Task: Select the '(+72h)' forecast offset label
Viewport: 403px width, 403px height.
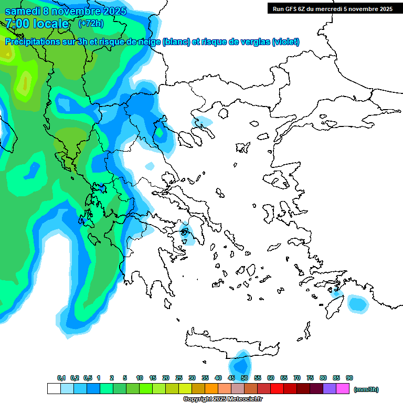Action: [x=91, y=24]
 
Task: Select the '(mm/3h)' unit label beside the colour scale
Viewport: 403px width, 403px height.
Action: [x=366, y=389]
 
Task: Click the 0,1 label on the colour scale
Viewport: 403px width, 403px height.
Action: [x=61, y=378]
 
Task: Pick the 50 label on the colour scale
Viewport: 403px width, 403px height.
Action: [x=245, y=378]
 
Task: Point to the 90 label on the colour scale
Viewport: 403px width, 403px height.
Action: [x=349, y=378]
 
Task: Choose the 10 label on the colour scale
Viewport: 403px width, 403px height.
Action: [x=140, y=378]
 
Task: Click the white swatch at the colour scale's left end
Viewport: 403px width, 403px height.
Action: [x=54, y=389]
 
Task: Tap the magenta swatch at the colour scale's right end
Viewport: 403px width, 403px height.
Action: [x=343, y=389]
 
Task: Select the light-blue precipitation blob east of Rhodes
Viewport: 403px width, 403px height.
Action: [x=358, y=303]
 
